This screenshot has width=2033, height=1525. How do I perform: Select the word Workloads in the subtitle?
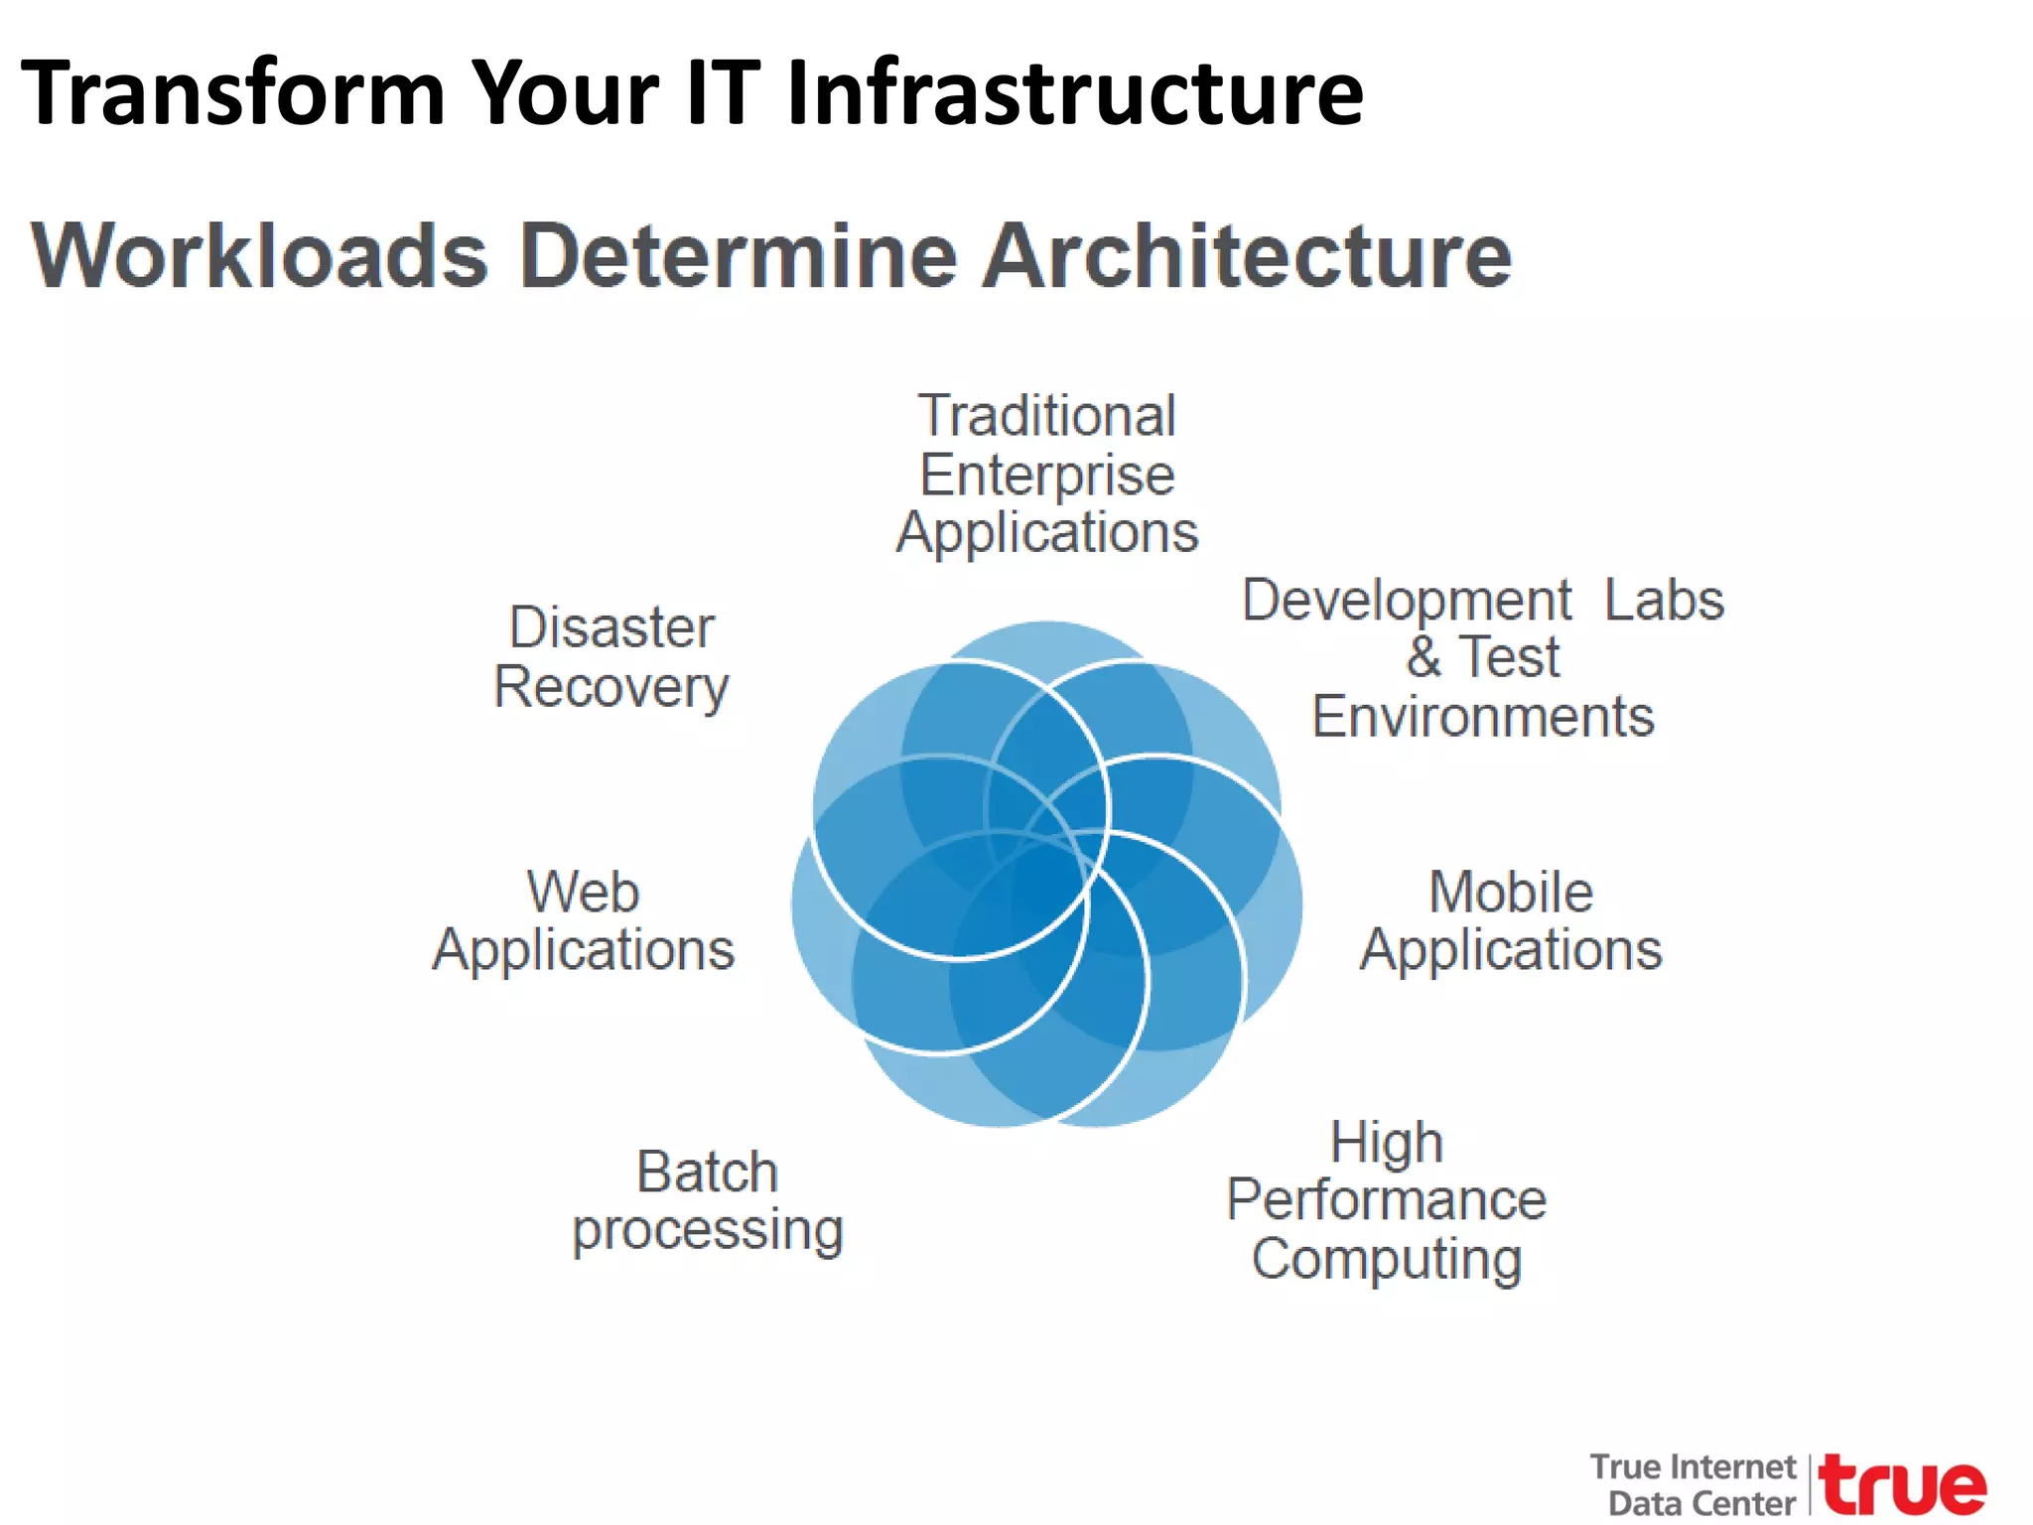(260, 256)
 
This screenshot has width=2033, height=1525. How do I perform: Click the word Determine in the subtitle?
(739, 256)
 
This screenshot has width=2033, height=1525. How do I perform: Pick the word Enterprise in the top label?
(1047, 475)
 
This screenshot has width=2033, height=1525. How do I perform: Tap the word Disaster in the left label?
(611, 627)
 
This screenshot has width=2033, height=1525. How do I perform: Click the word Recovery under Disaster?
(611, 687)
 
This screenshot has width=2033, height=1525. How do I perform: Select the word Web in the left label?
(583, 891)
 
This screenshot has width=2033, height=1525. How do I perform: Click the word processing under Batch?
(707, 1231)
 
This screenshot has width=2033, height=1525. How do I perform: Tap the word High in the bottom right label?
(1386, 1142)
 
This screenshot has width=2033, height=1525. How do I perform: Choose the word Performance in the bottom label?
(1386, 1199)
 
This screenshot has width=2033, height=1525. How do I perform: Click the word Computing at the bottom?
(1386, 1259)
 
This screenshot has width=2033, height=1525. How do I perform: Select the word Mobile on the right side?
(1510, 891)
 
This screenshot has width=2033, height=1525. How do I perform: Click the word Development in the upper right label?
(1407, 600)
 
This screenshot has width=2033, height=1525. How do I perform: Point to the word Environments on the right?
(1483, 717)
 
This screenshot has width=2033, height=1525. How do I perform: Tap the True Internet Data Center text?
(1694, 1485)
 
